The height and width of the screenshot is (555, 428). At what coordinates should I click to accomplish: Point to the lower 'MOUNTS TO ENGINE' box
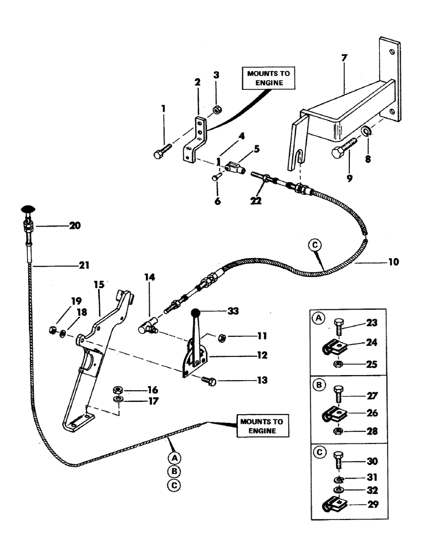[x=261, y=426]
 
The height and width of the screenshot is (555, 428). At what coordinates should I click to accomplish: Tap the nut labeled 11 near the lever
[x=220, y=336]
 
